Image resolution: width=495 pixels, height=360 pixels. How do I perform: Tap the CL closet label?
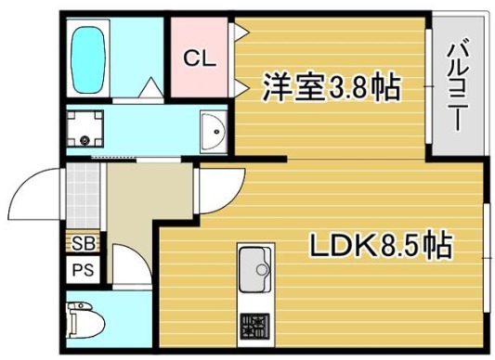click(199, 58)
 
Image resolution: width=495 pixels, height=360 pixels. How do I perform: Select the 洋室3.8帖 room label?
click(330, 88)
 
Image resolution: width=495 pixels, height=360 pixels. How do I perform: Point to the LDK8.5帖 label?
click(380, 246)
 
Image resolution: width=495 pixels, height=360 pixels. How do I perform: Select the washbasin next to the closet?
click(214, 132)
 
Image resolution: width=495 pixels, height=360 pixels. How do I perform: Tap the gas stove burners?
click(253, 326)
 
